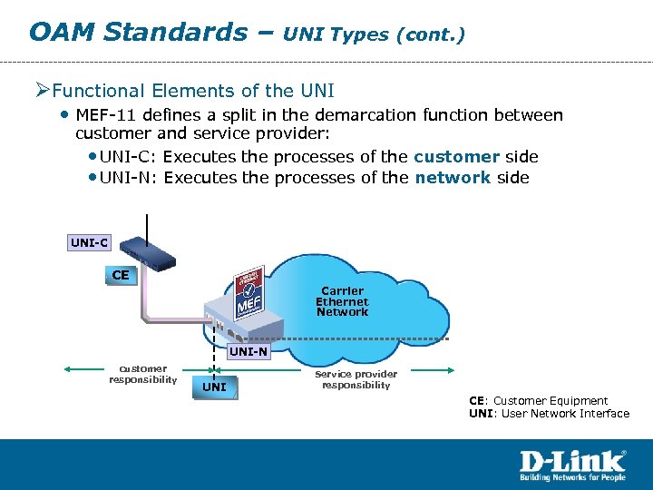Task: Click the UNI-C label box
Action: (x=90, y=242)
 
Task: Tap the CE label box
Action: (x=121, y=274)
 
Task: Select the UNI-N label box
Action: (x=248, y=351)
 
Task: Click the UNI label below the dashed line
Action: (x=215, y=387)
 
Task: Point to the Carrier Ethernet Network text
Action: (x=342, y=301)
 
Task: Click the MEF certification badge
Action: (x=249, y=293)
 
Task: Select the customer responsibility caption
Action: (x=143, y=374)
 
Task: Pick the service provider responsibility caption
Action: (x=356, y=379)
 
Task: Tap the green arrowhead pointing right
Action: (x=450, y=369)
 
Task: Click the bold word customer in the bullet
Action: (x=456, y=157)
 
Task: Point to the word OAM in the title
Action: (x=62, y=33)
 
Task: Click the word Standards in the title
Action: (x=175, y=33)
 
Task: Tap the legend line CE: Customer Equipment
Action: (x=538, y=400)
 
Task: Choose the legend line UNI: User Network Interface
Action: (x=548, y=414)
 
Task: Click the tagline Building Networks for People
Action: (x=572, y=476)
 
